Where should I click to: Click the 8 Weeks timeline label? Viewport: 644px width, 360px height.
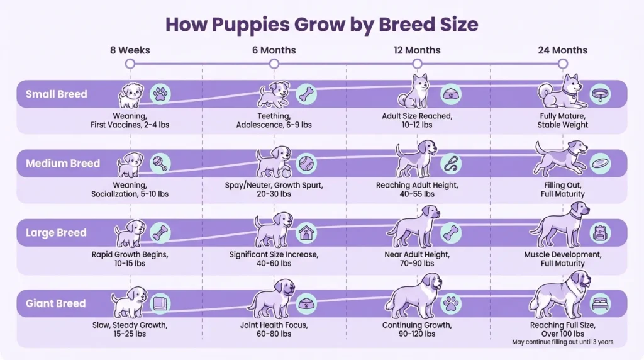(x=130, y=50)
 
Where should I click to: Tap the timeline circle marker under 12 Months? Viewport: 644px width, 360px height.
(x=417, y=64)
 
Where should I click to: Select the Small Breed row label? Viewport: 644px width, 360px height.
(x=57, y=94)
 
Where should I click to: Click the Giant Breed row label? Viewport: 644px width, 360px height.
(x=56, y=303)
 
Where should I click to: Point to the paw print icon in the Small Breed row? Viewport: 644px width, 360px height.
(x=162, y=94)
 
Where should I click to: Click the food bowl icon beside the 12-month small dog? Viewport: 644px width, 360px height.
(x=450, y=94)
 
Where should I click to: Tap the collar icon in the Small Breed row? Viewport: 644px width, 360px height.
(x=600, y=94)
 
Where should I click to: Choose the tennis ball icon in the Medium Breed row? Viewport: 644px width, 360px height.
(x=306, y=164)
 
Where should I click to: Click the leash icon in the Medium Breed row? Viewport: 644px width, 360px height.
(x=451, y=164)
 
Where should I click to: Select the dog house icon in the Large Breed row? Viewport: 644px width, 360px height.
(x=306, y=233)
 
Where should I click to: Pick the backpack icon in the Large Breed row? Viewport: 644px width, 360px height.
(x=600, y=233)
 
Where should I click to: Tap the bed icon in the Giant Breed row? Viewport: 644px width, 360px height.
(x=600, y=303)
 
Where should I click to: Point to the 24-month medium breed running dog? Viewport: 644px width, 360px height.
(x=558, y=158)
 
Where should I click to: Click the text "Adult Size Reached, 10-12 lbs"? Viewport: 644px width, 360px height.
(x=417, y=120)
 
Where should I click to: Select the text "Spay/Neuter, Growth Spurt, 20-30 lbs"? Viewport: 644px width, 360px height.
(x=274, y=189)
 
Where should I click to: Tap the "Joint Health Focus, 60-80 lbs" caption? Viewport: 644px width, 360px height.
(x=274, y=329)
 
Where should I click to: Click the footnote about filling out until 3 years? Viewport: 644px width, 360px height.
(x=562, y=342)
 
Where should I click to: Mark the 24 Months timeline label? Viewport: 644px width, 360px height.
(x=562, y=50)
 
